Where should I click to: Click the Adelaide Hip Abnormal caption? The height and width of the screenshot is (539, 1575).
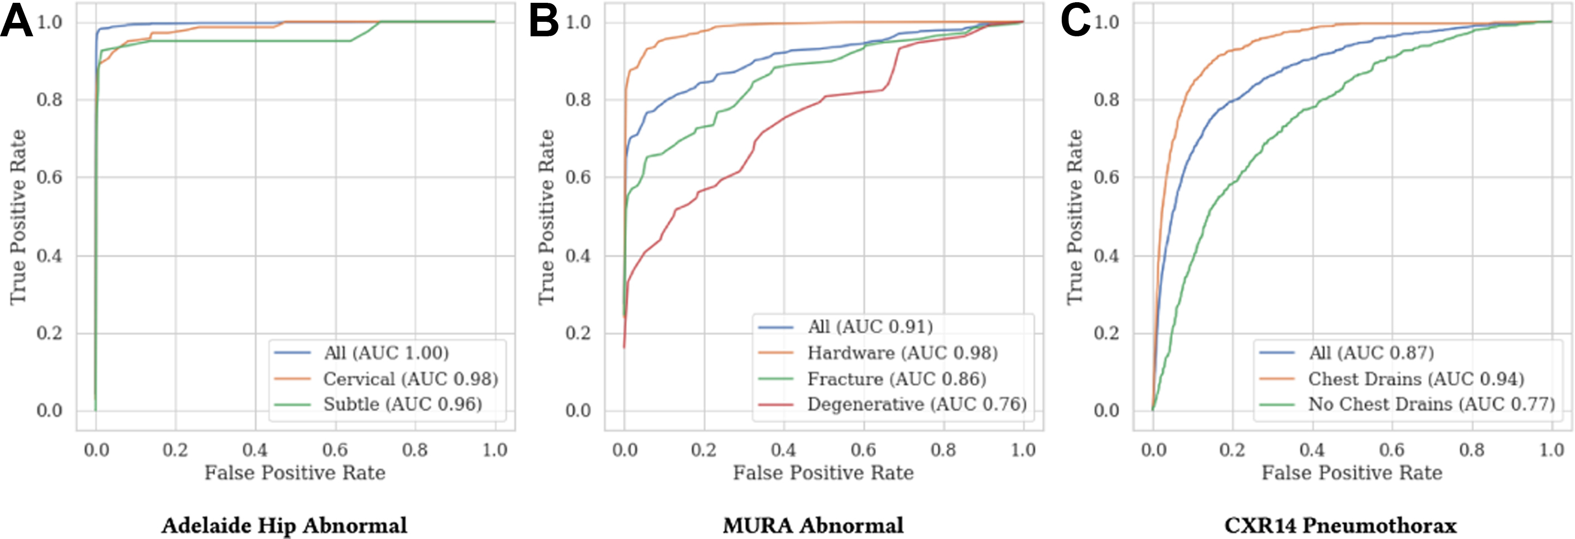pos(285,526)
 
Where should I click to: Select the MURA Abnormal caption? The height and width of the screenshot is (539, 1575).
pos(813,526)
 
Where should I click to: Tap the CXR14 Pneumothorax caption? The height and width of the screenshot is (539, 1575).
pos(1340,526)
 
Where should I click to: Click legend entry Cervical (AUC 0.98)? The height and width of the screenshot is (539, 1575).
pos(410,379)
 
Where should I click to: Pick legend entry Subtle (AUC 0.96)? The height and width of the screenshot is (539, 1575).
pos(402,404)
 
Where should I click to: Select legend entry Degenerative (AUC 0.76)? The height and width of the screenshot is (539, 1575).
pos(917,404)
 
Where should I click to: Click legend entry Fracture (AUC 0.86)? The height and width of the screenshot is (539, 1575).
pos(897,379)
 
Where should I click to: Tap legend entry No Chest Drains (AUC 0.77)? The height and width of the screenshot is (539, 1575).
pos(1431,404)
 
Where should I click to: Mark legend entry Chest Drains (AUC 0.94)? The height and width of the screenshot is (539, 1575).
pos(1416,379)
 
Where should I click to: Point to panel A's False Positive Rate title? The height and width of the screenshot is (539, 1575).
pos(295,473)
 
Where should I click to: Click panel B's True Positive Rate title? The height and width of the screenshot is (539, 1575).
pos(546,217)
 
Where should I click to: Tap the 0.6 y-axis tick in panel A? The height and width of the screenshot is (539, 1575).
pos(49,178)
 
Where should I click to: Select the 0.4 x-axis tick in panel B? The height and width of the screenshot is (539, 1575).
pos(784,450)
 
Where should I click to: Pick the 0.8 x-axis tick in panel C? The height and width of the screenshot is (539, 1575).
pos(1472,450)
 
